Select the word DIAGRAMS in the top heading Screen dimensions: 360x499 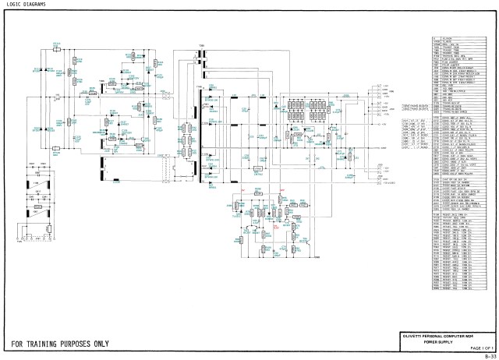[x=36, y=5]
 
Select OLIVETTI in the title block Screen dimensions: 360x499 [x=416, y=334]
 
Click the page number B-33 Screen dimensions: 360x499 [x=490, y=355]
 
